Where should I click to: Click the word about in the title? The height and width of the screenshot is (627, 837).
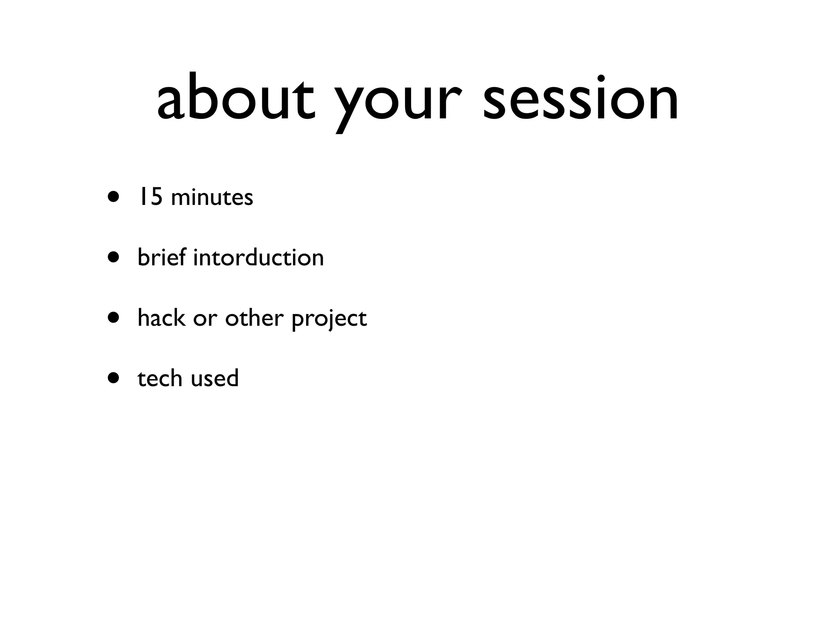click(236, 98)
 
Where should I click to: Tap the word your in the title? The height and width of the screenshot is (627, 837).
click(398, 102)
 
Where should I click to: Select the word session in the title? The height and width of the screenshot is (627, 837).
click(580, 98)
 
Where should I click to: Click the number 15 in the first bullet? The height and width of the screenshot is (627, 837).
click(149, 197)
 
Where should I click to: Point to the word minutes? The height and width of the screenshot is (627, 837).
click(212, 198)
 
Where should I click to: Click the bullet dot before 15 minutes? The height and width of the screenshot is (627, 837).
click(114, 197)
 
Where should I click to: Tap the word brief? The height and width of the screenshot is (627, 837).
click(161, 257)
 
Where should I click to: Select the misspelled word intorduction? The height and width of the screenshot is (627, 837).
click(258, 257)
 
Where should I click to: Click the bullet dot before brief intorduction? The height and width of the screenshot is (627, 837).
click(114, 257)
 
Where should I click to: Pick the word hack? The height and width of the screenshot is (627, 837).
click(161, 318)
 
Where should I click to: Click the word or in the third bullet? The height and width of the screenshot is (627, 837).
click(205, 319)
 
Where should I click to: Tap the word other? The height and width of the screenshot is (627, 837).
click(254, 318)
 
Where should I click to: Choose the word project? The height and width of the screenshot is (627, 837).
click(329, 319)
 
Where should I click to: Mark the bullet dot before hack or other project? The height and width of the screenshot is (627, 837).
click(114, 318)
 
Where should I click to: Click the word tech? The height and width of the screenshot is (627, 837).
click(159, 378)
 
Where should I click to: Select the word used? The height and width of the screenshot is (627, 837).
click(214, 378)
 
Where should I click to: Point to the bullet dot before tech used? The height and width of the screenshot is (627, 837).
click(114, 378)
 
